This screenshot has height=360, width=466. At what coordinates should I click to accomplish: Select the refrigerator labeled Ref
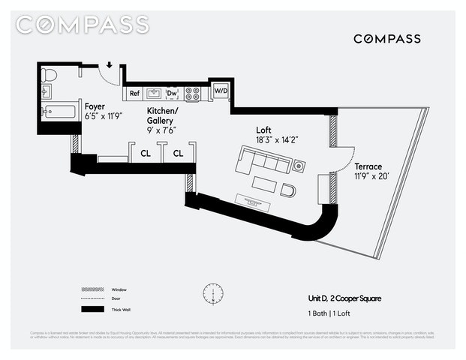[134, 94]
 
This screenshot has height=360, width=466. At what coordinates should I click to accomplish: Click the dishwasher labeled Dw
[172, 94]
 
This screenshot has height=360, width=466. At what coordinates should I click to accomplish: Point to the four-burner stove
[193, 94]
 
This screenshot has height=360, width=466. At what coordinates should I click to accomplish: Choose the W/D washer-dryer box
[221, 91]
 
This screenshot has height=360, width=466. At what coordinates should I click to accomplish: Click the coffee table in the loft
[265, 183]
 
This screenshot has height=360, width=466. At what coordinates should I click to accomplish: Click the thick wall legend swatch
[91, 309]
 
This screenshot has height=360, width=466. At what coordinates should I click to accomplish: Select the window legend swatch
[91, 289]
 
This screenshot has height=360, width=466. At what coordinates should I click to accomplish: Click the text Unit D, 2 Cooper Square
[344, 298]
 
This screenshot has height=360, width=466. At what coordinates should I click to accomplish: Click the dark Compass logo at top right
[386, 38]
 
